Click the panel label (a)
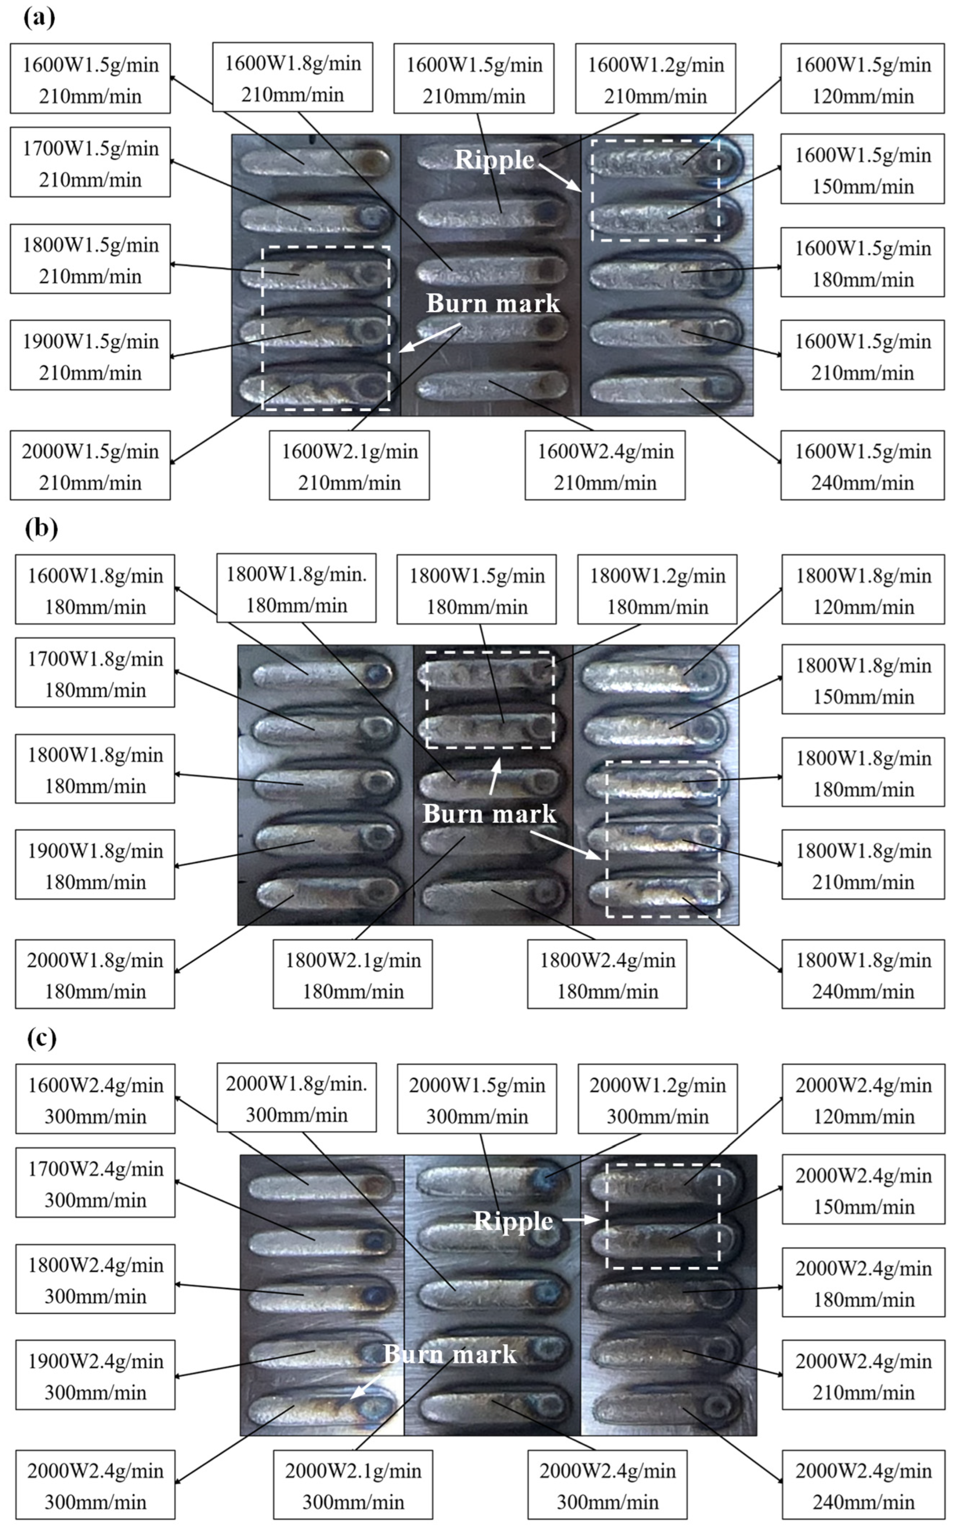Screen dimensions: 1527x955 (39, 18)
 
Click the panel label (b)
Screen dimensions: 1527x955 (41, 527)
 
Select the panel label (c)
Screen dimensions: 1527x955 (41, 1038)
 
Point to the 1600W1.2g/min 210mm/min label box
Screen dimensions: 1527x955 (656, 79)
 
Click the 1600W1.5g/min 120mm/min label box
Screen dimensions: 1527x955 (862, 79)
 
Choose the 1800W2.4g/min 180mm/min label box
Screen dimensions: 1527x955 (607, 974)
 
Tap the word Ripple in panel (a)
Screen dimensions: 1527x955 (494, 159)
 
